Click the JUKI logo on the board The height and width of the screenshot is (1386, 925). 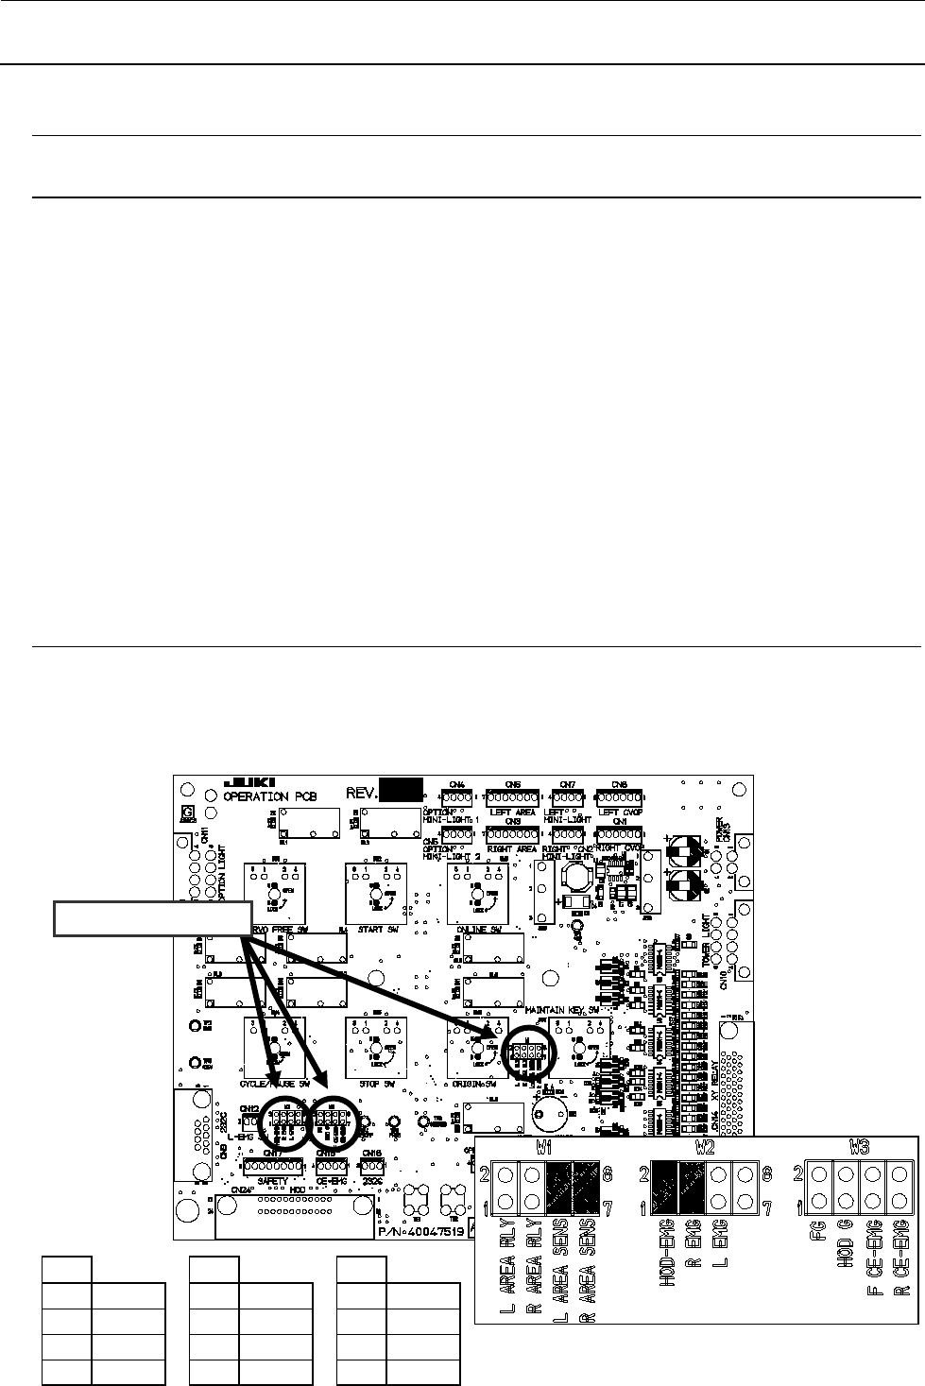248,782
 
